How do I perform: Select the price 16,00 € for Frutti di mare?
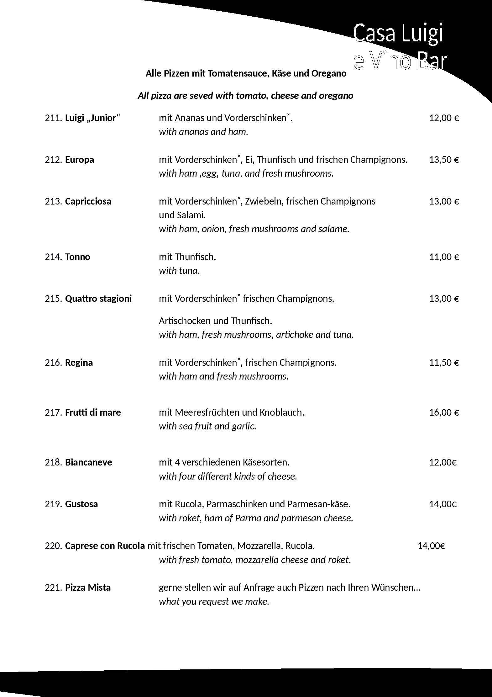[444, 412]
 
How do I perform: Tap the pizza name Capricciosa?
[88, 201]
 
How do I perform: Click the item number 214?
[54, 257]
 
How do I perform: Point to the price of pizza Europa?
[444, 160]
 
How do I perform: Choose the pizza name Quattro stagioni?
[98, 299]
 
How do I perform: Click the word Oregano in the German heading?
[329, 73]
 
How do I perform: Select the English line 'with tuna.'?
[179, 271]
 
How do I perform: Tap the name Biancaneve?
[88, 462]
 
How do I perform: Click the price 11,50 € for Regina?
[444, 363]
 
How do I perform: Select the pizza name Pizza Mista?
[88, 588]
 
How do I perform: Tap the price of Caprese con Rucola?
[431, 546]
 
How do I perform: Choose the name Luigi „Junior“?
[93, 118]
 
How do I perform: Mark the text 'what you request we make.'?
[214, 602]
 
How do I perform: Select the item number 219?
[54, 504]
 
